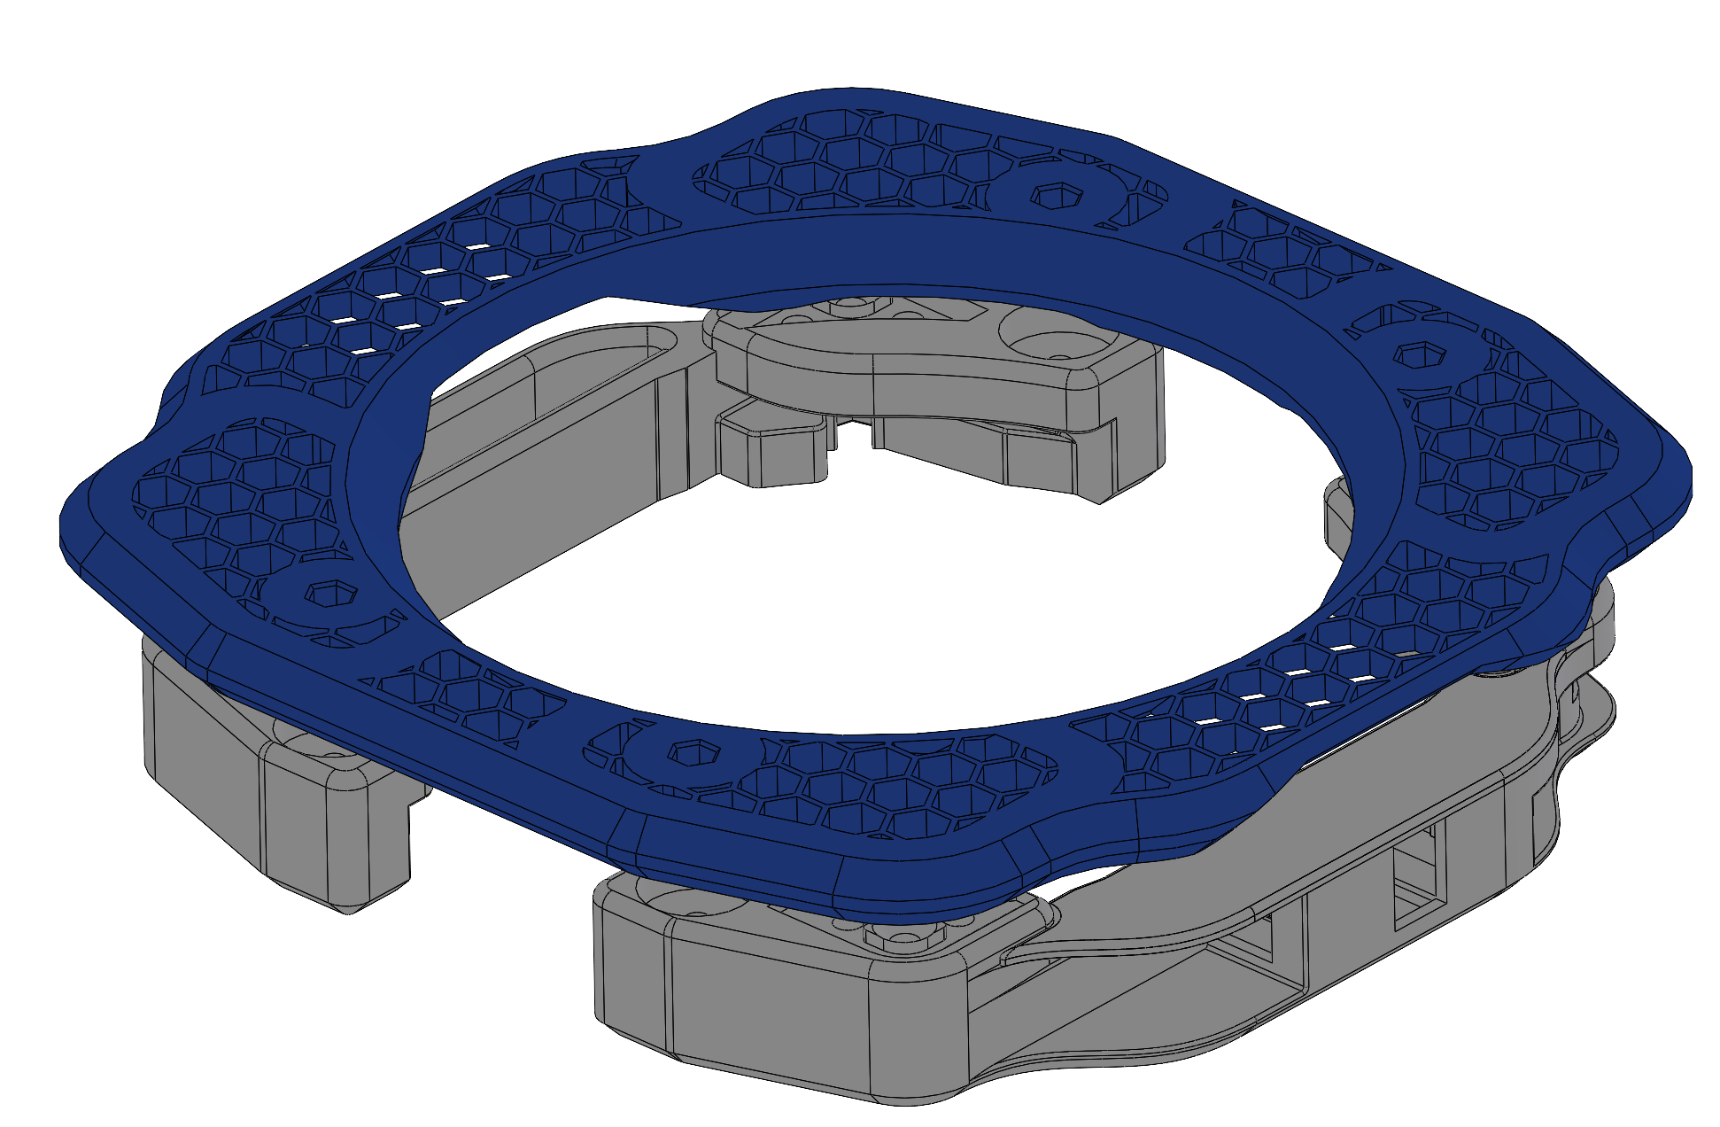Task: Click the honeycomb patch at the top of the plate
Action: [841, 164]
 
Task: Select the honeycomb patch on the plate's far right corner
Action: [1506, 452]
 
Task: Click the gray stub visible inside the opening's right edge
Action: [1337, 514]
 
